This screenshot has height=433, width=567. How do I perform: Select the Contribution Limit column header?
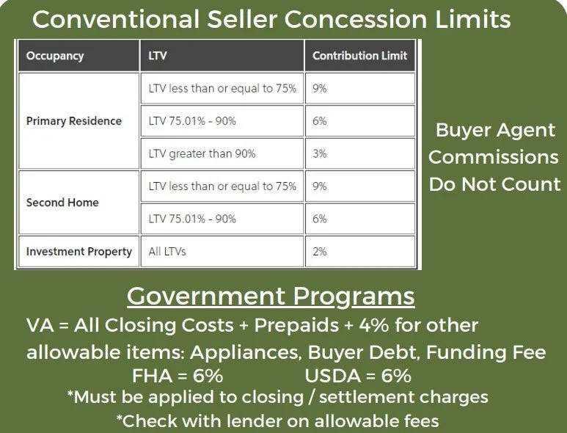coord(360,55)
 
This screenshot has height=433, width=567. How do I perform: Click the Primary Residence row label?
coord(74,121)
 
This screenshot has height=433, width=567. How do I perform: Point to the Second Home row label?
coord(62,203)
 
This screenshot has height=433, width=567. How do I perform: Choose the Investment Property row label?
coord(78,252)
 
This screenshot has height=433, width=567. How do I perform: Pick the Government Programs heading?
coord(271,296)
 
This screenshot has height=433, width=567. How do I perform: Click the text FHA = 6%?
coord(178,376)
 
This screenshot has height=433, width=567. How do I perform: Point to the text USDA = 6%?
coord(358,376)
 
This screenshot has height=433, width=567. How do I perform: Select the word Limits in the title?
coord(473,19)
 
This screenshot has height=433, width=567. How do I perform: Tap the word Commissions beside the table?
coord(494,157)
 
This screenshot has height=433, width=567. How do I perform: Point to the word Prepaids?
coord(296,325)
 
